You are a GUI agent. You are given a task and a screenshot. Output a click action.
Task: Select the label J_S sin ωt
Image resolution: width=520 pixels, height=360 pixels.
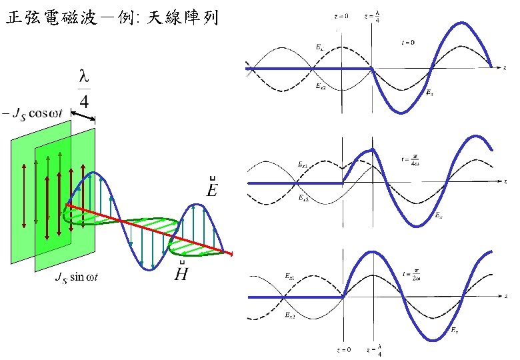coord(76,277)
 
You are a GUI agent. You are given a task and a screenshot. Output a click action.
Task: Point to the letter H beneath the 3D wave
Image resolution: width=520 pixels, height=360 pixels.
coord(181,271)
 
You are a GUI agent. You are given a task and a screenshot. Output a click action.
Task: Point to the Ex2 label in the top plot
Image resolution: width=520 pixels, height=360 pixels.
coord(321,85)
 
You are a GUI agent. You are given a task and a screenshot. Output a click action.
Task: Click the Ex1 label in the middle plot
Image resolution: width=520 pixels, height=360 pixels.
coord(301,163)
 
